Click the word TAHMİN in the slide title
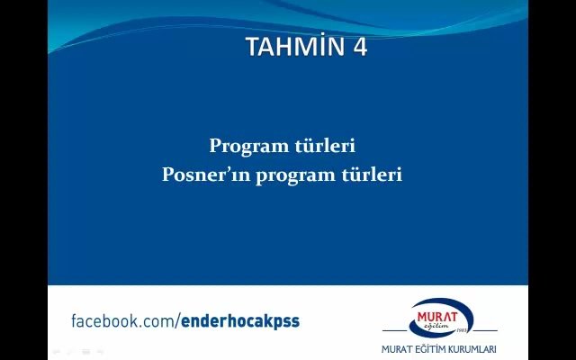296,46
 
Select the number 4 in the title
360,47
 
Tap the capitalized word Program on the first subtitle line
249,147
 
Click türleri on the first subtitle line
325,146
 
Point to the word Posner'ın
206,174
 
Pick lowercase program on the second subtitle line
296,175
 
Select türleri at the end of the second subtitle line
372,174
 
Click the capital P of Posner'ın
167,174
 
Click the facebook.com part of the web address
123,321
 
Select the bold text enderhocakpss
240,321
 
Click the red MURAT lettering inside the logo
437,317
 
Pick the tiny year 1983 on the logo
462,330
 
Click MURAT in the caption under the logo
397,349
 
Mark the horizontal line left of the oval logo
395,330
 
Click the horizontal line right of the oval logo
484,330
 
